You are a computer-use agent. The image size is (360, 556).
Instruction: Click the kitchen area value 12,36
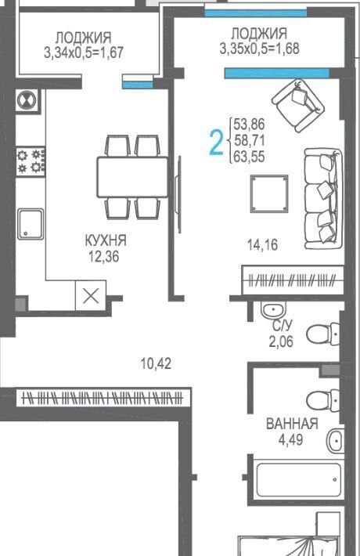click(x=103, y=256)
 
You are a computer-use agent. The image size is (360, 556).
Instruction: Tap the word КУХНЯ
click(x=106, y=240)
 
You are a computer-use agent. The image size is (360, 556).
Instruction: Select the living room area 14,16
click(x=262, y=244)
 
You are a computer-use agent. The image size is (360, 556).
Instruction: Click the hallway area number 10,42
click(x=156, y=363)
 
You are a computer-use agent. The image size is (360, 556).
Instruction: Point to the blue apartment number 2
click(x=216, y=143)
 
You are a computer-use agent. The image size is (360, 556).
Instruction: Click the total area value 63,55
click(x=250, y=157)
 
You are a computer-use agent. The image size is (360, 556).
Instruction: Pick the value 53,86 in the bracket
click(x=250, y=125)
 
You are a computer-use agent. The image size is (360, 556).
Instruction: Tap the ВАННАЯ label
click(x=293, y=424)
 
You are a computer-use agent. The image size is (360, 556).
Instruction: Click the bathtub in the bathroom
click(x=298, y=480)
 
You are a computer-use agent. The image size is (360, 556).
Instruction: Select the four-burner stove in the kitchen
click(x=31, y=161)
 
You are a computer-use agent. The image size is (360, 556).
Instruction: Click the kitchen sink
click(x=31, y=224)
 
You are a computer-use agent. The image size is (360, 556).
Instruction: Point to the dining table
click(x=132, y=177)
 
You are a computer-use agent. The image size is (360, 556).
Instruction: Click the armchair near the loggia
click(x=298, y=105)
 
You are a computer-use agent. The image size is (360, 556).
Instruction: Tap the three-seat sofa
click(x=323, y=199)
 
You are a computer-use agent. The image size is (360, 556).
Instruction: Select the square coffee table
click(x=269, y=193)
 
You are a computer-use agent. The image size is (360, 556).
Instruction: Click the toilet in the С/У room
click(x=323, y=334)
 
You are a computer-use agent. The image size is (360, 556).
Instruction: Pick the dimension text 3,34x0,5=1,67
click(x=84, y=53)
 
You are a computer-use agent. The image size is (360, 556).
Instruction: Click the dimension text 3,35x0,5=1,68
click(x=259, y=49)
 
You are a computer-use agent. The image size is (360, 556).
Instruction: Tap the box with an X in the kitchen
click(x=91, y=296)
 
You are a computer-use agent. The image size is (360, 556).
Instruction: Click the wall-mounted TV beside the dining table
click(x=179, y=194)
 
